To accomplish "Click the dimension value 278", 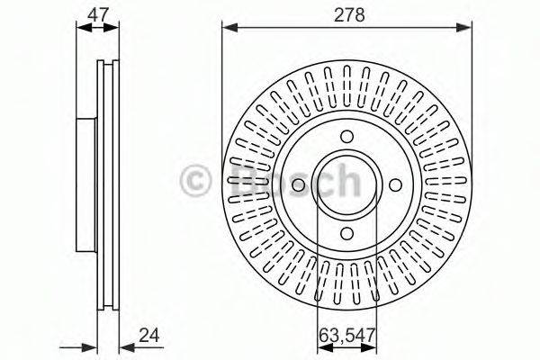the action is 349,15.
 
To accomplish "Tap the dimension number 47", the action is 98,15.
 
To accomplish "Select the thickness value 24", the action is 149,335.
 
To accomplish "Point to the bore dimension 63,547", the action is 346,335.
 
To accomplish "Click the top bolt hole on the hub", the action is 346,136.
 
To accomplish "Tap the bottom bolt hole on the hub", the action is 346,233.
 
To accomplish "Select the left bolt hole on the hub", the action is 298,185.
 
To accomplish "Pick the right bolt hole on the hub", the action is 395,185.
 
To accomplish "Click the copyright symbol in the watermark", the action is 195,180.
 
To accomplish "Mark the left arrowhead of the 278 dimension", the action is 230,27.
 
